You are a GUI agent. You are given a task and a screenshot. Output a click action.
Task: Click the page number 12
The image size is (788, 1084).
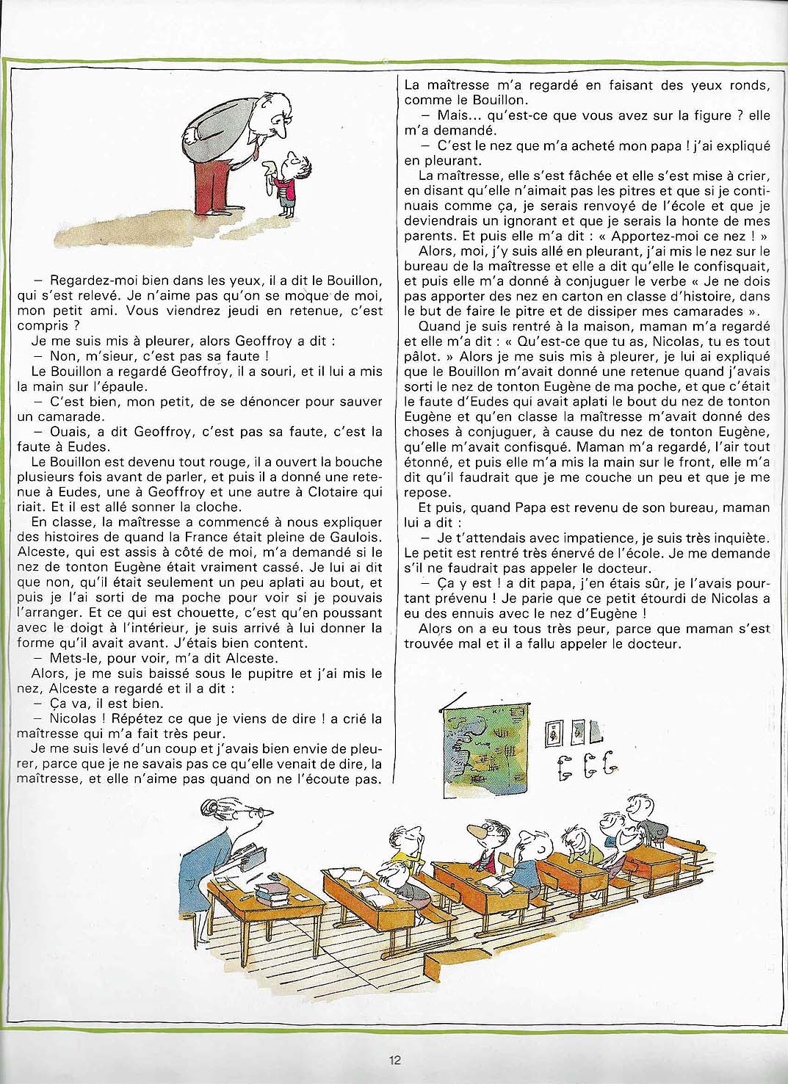(394, 1060)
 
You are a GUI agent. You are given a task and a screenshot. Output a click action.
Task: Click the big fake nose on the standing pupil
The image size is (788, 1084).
(477, 831)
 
